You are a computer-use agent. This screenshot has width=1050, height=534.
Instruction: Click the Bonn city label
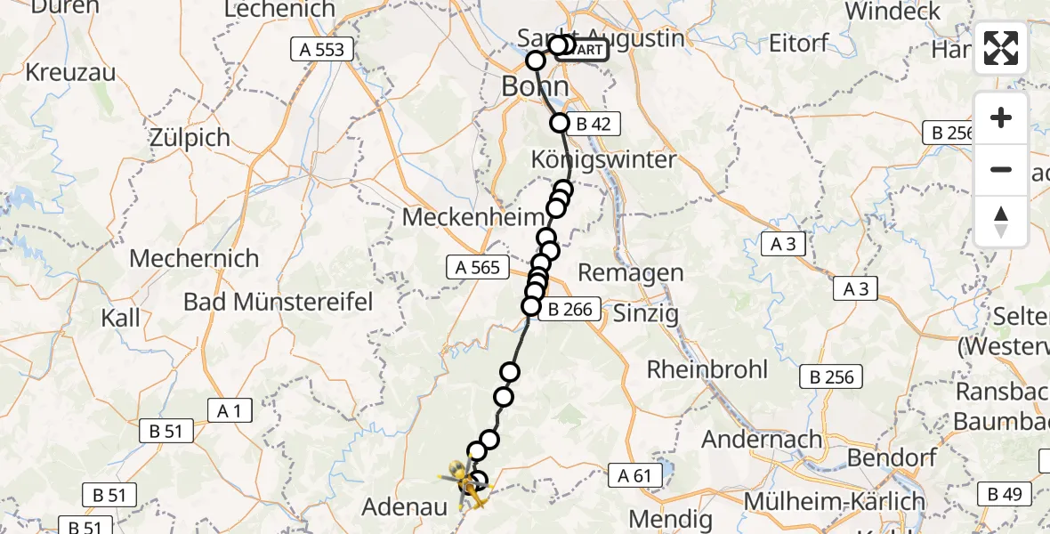coord(535,86)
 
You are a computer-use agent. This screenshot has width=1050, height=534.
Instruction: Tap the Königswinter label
coord(603,160)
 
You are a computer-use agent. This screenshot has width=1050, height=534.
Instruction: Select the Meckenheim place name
coord(472,217)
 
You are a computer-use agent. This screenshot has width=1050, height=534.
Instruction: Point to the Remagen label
coord(631,273)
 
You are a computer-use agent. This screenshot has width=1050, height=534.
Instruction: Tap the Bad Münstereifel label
coord(278,302)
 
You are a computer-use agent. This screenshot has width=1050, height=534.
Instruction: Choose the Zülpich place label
coord(190,138)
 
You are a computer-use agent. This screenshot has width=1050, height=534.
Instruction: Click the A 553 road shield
coord(321,50)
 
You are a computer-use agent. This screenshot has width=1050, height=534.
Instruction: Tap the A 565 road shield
coord(477,267)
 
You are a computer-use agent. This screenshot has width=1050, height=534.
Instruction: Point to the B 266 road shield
coord(570,311)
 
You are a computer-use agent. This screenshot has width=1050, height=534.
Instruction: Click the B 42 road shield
coord(593,125)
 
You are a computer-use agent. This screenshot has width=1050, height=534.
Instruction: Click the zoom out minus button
coord(1001,169)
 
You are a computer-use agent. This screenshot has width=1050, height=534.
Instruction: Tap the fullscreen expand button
coord(1001,48)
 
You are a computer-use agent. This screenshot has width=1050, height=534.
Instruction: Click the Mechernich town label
coord(194,259)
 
